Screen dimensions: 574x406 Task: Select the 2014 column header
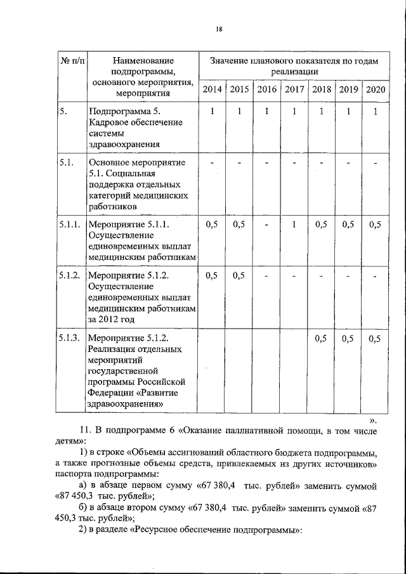click(x=212, y=89)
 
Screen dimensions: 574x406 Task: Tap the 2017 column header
click(x=294, y=89)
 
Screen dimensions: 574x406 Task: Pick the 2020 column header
click(x=376, y=89)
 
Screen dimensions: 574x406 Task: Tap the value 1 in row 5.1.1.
click(x=294, y=225)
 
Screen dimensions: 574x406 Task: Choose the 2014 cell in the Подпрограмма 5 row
click(x=212, y=112)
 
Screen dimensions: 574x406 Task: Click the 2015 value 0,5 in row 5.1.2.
click(x=239, y=276)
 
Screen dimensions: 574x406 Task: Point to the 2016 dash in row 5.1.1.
click(x=267, y=225)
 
